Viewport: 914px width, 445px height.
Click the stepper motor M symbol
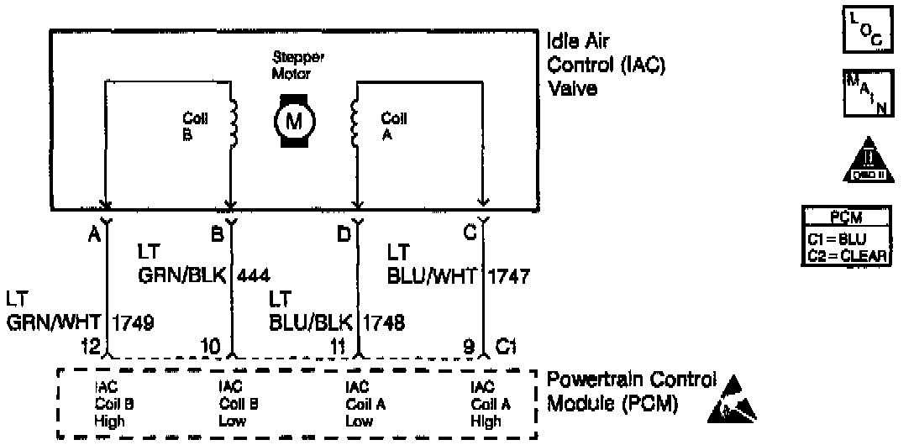click(x=294, y=122)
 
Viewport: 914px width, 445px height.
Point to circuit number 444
click(x=254, y=275)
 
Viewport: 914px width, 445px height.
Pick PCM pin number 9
click(x=469, y=343)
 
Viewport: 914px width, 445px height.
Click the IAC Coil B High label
click(x=112, y=403)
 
